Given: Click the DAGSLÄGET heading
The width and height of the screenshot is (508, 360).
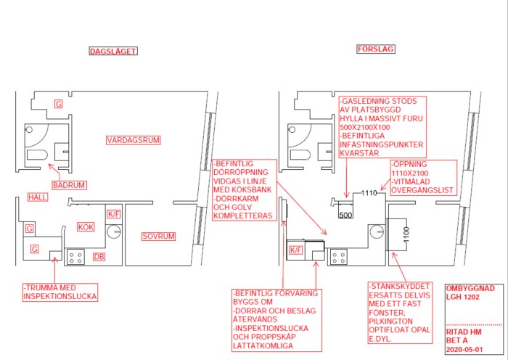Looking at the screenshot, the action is pyautogui.click(x=113, y=52).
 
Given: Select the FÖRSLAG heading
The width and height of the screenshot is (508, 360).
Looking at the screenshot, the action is pyautogui.click(x=376, y=49).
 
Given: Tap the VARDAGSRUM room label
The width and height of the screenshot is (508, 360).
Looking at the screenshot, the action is pyautogui.click(x=134, y=140).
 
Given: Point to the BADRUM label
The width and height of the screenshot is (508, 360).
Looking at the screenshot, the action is pyautogui.click(x=70, y=185).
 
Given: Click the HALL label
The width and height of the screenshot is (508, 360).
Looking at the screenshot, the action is pyautogui.click(x=38, y=197).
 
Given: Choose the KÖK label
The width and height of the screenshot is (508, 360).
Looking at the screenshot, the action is pyautogui.click(x=86, y=227).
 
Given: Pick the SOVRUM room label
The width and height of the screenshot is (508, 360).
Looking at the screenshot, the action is pyautogui.click(x=158, y=237).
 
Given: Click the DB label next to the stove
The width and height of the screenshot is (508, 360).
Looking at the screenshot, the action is pyautogui.click(x=99, y=257).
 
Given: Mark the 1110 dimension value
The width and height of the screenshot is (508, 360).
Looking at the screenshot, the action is pyautogui.click(x=369, y=194).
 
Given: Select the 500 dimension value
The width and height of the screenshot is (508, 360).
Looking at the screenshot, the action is pyautogui.click(x=345, y=215).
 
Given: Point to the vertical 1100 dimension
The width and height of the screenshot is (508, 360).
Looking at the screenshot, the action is pyautogui.click(x=406, y=234).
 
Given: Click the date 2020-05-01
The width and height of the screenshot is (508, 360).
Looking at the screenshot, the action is pyautogui.click(x=465, y=350).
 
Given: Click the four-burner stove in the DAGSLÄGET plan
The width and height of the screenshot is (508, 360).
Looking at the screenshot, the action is pyautogui.click(x=75, y=257).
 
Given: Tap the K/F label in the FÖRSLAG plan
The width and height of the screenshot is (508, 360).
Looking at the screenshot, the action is pyautogui.click(x=296, y=250).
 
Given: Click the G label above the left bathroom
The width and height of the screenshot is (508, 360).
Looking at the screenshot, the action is pyautogui.click(x=58, y=105).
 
